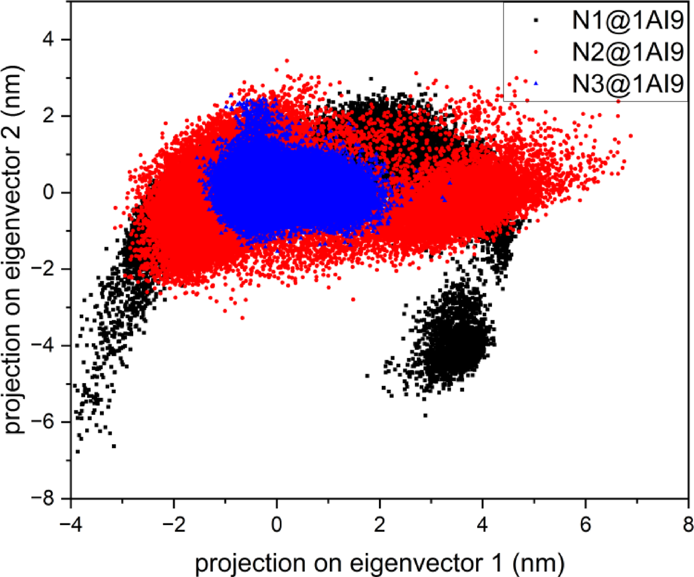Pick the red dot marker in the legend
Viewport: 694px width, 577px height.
click(536, 52)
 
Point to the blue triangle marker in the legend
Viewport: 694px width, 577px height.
click(536, 84)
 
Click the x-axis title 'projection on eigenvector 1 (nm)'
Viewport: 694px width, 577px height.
click(379, 563)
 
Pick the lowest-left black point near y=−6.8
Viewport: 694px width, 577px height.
click(78, 451)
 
